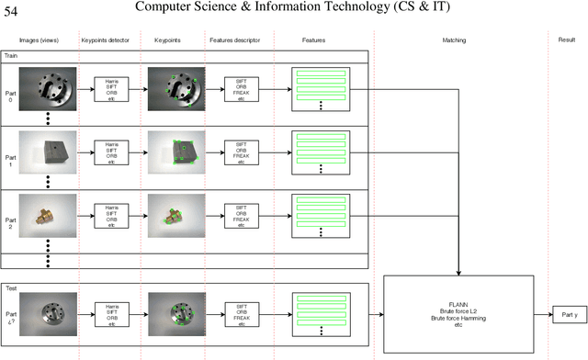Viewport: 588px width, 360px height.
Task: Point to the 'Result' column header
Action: pos(566,41)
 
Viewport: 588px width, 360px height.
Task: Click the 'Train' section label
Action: pos(13,56)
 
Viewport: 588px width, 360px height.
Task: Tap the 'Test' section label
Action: pos(12,287)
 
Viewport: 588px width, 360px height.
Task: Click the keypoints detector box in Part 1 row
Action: pos(111,152)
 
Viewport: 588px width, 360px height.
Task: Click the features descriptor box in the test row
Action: pos(242,314)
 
